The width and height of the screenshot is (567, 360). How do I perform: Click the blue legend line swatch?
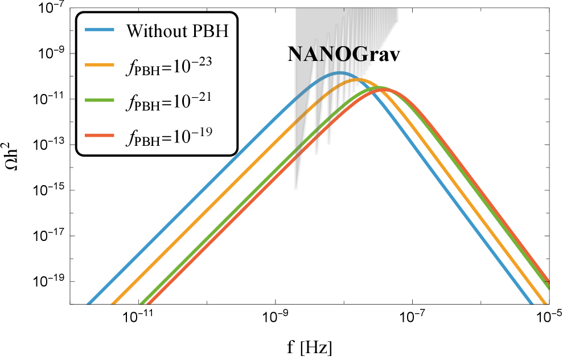pos(100,30)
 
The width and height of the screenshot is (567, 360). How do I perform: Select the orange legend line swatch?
pos(100,65)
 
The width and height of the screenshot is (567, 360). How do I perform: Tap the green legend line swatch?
pos(100,100)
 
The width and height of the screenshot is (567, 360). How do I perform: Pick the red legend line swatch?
pos(100,136)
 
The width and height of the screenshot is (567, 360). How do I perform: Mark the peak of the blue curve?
pos(339,73)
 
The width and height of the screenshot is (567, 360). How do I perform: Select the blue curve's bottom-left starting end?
pos(89,304)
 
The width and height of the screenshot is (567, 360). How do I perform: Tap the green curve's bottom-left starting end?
pos(142,304)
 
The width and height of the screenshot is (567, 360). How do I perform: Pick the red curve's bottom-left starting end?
pos(149,304)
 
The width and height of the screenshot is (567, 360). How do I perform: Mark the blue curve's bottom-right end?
pos(532,304)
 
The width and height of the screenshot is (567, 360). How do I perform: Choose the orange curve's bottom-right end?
pos(545,304)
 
